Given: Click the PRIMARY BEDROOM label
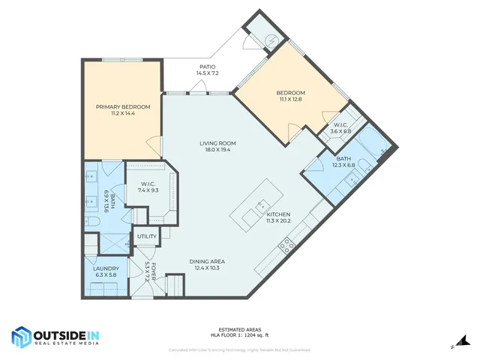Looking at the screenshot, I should click(x=123, y=107).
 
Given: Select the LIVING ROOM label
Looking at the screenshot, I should click(x=217, y=143).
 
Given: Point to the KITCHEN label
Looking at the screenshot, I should click(x=278, y=214).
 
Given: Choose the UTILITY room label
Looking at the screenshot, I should click(x=146, y=237).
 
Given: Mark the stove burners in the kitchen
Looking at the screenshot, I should click(x=286, y=244).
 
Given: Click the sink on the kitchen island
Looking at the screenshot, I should click(x=261, y=203).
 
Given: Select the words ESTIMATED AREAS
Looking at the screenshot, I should click(x=239, y=329).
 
